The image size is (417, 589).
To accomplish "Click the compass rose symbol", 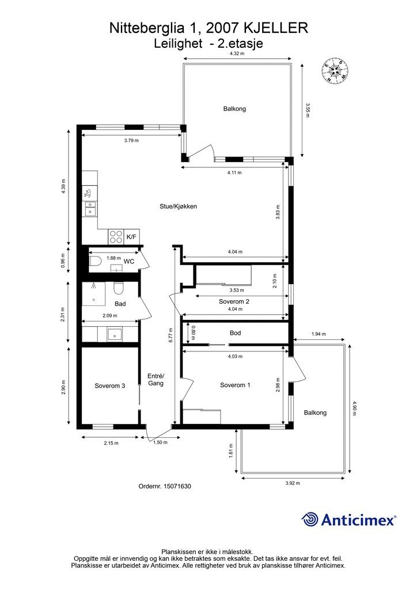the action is coord(335,71).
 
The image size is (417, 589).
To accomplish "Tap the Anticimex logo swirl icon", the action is coord(310,519).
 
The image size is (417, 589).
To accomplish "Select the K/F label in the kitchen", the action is coord(131,236).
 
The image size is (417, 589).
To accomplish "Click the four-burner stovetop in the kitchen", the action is coord(116,236).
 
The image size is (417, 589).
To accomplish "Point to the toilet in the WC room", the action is coord(95,261).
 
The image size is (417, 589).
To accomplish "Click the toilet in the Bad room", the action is coord(118,288).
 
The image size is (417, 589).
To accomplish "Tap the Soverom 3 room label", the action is coord(110,386).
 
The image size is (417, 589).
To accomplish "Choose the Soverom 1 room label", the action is coord(235,385).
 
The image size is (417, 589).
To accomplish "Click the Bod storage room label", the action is coord(236,333).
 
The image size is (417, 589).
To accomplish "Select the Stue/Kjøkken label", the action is coord(178,206).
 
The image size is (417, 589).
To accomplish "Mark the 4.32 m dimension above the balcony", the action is coord(237,53).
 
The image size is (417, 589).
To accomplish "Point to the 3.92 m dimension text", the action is coord(293,483).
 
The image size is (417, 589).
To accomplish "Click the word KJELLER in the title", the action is coord(276,28).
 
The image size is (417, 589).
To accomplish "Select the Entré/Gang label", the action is coord(156,380).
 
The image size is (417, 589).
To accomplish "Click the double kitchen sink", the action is coord(90,208).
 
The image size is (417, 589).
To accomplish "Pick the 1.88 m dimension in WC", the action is coord(113,258).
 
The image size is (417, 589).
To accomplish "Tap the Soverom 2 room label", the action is coord(234,301).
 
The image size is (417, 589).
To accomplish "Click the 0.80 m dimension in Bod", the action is coord(194,333).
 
